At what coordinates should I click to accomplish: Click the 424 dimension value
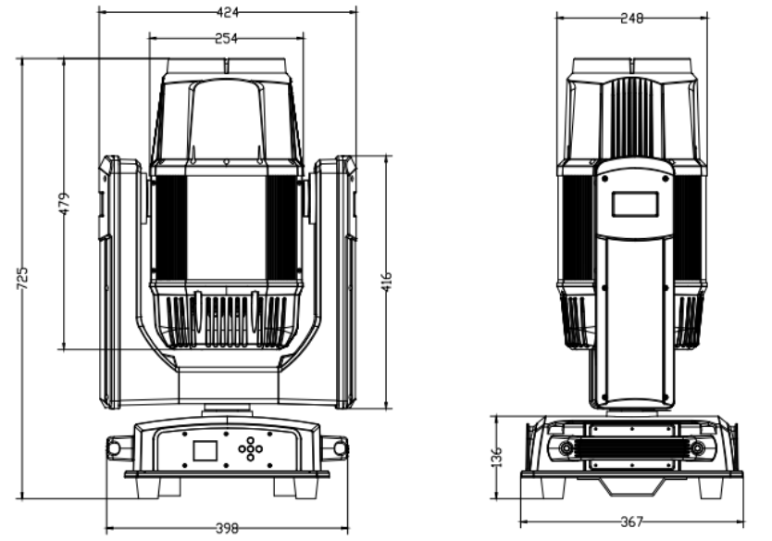pyautogui.click(x=227, y=12)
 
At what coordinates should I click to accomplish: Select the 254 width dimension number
pyautogui.click(x=226, y=38)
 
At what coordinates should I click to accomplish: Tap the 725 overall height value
pyautogui.click(x=22, y=279)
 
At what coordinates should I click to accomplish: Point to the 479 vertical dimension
pyautogui.click(x=65, y=204)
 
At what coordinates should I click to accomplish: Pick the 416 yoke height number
pyautogui.click(x=387, y=282)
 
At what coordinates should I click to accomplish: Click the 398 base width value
pyautogui.click(x=227, y=529)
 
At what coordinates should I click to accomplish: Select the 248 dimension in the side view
pyautogui.click(x=631, y=19)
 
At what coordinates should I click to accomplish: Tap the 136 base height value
pyautogui.click(x=497, y=457)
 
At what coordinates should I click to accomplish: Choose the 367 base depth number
pyautogui.click(x=631, y=522)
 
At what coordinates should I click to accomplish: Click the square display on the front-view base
pyautogui.click(x=205, y=450)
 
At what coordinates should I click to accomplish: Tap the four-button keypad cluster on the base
pyautogui.click(x=250, y=449)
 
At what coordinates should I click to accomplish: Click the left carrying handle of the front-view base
pyautogui.click(x=118, y=447)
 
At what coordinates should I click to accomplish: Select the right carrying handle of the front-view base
pyautogui.click(x=335, y=447)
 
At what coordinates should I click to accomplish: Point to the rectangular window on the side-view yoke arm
pyautogui.click(x=635, y=205)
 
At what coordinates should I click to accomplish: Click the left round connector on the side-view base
pyautogui.click(x=566, y=447)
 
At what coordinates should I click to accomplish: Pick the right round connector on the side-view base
pyautogui.click(x=697, y=447)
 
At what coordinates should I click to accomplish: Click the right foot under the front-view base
pyautogui.click(x=296, y=487)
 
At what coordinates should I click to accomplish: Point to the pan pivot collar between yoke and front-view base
pyautogui.click(x=227, y=409)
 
